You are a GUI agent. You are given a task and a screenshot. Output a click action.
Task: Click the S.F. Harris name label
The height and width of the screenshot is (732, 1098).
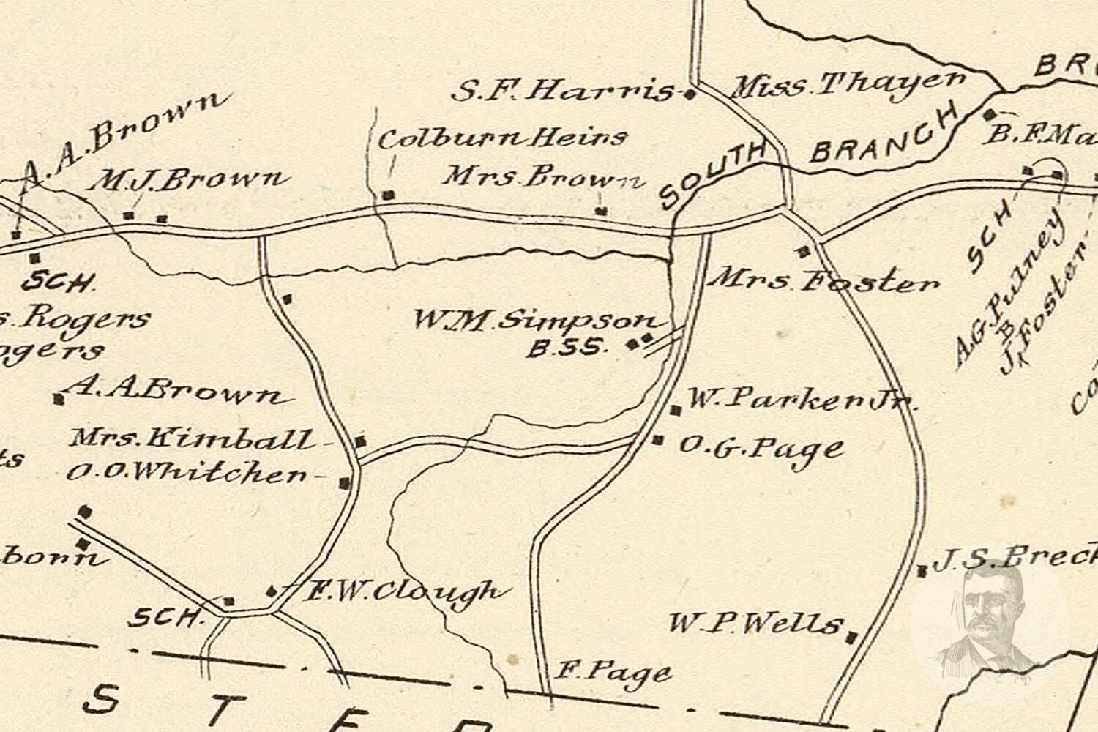(562, 91)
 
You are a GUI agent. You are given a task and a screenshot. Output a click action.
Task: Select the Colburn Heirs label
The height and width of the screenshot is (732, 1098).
(502, 138)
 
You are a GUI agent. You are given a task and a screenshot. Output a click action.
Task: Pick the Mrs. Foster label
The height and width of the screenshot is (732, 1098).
(825, 281)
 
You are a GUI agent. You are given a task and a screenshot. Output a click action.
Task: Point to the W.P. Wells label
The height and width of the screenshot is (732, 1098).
(754, 624)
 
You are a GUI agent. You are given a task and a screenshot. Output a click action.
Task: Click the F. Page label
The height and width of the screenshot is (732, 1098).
(613, 671)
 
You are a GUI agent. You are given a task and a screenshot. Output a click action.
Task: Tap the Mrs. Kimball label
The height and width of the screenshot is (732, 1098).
(192, 439)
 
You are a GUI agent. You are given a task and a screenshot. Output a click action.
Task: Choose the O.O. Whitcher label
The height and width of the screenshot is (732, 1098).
(187, 474)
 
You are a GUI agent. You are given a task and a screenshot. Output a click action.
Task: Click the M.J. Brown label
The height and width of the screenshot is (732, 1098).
(186, 180)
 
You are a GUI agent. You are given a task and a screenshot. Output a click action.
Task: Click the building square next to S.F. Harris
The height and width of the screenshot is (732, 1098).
(689, 94)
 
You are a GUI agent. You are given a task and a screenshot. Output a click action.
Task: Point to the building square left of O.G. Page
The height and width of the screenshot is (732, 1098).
(658, 440)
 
